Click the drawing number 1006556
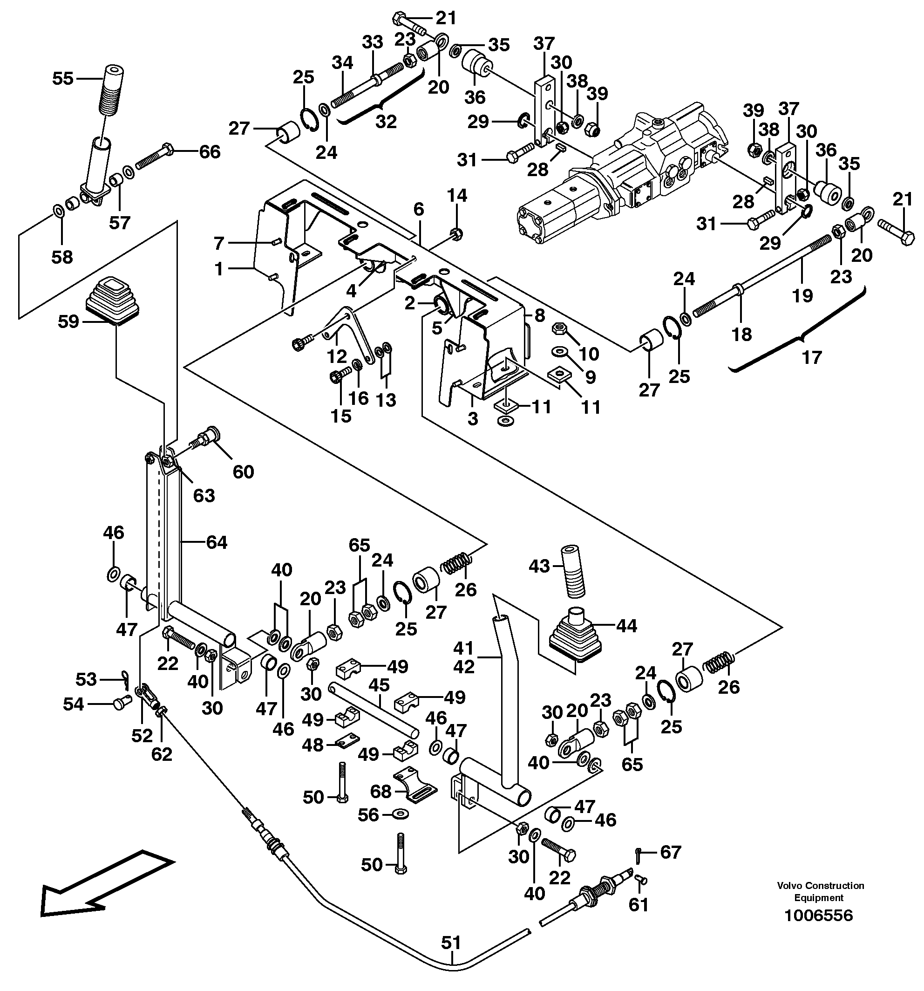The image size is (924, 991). [818, 915]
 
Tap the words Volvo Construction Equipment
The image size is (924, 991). [820, 891]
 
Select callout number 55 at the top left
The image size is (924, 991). [63, 78]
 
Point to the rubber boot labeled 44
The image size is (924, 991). [575, 637]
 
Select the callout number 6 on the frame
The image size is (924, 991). [419, 209]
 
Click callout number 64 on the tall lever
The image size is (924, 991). [216, 542]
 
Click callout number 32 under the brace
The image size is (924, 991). [386, 121]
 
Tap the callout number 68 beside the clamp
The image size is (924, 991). [381, 791]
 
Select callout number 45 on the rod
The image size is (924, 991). [379, 685]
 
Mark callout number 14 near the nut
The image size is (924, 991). [457, 195]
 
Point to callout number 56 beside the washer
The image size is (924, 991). [369, 815]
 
